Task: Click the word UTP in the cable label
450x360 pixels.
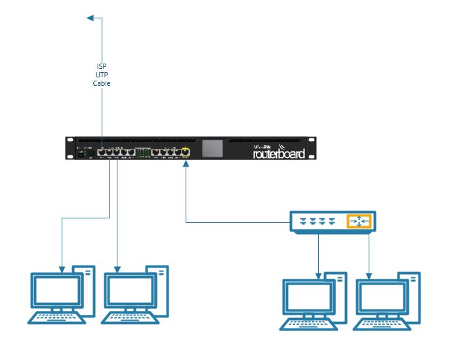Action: point(102,75)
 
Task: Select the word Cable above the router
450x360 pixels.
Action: point(102,83)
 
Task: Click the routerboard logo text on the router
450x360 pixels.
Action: point(279,154)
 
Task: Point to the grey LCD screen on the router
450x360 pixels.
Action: point(211,148)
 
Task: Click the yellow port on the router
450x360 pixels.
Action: point(186,152)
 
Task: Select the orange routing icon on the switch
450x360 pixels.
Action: point(359,222)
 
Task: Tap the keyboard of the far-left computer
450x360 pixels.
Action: point(56,318)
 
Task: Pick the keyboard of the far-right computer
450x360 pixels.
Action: point(381,324)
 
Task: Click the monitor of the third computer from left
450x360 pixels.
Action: point(308,298)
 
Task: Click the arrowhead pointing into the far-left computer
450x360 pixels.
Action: point(62,269)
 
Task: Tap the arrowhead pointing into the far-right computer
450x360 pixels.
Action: point(369,274)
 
